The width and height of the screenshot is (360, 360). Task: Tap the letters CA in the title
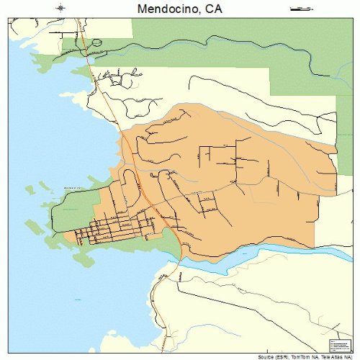point(213,9)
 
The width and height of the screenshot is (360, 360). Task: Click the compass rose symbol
point(60,9)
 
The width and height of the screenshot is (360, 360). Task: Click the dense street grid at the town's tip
point(108,230)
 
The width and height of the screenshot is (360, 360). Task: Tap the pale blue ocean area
point(43,144)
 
